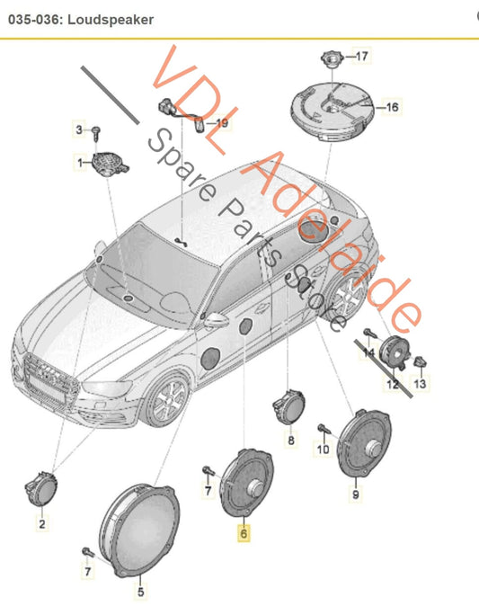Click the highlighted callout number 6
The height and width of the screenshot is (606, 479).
point(244,534)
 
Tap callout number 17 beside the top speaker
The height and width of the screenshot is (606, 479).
point(361,57)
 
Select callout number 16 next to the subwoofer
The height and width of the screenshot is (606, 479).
point(393,107)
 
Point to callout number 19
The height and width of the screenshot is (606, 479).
point(222,123)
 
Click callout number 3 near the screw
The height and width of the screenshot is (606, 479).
point(79,129)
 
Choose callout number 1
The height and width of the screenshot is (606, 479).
point(80,163)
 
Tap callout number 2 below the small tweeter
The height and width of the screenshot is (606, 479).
point(42,524)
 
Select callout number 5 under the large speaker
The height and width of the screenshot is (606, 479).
point(140,592)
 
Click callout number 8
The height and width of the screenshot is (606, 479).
point(291,440)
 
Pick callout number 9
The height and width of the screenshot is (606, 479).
point(355,495)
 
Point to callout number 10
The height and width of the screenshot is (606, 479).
point(323,449)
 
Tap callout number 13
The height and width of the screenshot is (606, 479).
point(420,383)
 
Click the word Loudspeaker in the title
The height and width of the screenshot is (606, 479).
point(111,20)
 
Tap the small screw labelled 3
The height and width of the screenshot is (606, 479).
point(96,133)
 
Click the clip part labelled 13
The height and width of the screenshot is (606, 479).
point(421,362)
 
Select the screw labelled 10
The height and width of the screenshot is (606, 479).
point(324,429)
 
